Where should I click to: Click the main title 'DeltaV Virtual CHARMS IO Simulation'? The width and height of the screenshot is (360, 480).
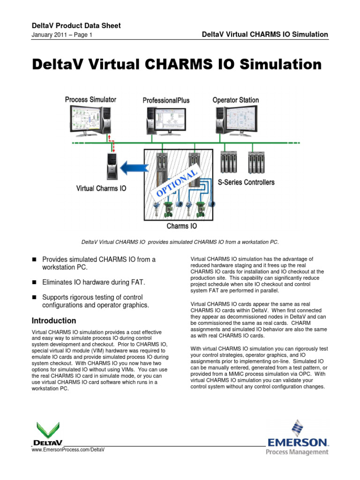click(x=176, y=64)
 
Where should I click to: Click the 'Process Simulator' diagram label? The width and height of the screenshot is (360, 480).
click(x=90, y=100)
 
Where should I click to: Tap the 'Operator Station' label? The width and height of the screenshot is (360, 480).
click(x=235, y=100)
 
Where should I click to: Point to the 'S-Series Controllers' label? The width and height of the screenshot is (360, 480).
click(x=246, y=182)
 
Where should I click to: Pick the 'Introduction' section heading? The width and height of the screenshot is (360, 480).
click(x=53, y=321)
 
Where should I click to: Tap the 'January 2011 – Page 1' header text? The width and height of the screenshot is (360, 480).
click(x=61, y=35)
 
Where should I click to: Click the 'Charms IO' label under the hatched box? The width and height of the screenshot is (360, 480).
click(x=182, y=226)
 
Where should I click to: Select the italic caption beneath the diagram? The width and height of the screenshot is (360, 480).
click(x=180, y=242)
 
